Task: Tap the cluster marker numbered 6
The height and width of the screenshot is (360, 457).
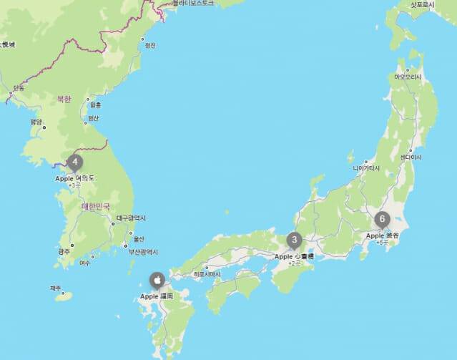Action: point(383,219)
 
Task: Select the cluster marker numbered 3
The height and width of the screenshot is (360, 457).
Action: point(294,240)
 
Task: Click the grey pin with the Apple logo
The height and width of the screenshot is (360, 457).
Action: point(156,280)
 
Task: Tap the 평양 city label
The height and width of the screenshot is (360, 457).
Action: point(36,122)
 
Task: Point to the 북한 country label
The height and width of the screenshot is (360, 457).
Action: point(64,98)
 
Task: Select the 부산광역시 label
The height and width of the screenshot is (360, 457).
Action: point(146,251)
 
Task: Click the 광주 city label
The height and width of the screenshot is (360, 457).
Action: point(64,251)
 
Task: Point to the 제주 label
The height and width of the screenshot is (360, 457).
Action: point(56,288)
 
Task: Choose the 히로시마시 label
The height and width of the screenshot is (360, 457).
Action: point(207,274)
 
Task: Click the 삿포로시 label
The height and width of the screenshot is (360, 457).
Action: point(422,4)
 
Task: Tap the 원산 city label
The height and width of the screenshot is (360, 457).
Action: point(94,118)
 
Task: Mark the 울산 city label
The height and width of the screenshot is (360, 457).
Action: point(139,239)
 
